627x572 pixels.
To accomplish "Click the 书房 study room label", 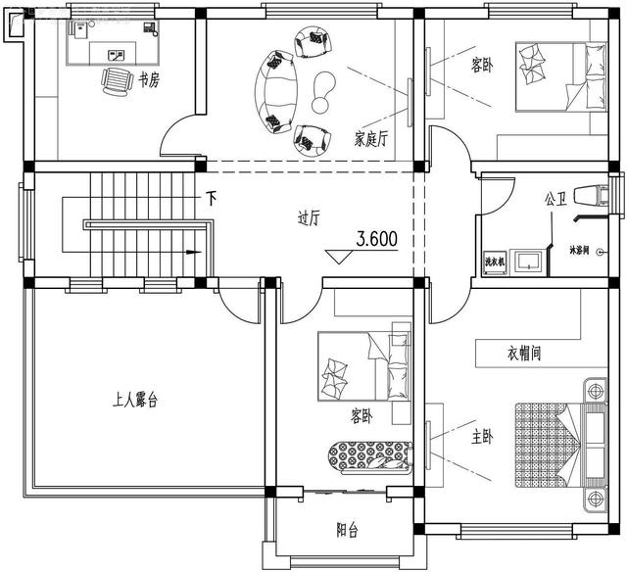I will [x=149, y=80].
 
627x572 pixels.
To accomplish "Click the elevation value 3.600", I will [x=377, y=238].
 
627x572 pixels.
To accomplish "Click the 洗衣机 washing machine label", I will [x=494, y=262].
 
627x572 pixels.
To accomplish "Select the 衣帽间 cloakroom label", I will [x=525, y=352].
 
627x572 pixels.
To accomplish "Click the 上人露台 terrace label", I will [x=135, y=399].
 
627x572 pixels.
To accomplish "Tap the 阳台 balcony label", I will [x=347, y=530].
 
